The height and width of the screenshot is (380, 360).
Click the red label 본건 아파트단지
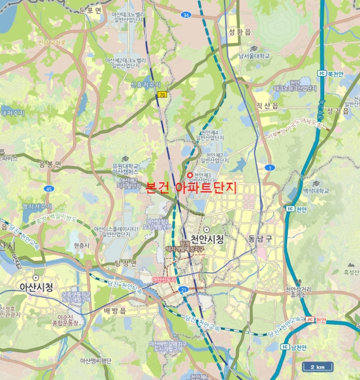click(192, 188)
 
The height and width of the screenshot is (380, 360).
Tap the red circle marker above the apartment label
click(190, 174)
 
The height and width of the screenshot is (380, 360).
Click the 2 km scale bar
click(318, 367)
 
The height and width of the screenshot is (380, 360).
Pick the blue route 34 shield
click(186, 15)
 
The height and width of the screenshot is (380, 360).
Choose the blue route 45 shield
click(49, 188)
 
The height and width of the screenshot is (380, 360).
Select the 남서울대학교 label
click(254, 55)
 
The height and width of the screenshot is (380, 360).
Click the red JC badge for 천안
click(310, 320)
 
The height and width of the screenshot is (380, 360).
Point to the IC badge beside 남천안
click(285, 346)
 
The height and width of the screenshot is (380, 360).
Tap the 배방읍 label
click(114, 311)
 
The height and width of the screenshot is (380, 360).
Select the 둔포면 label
click(90, 10)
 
